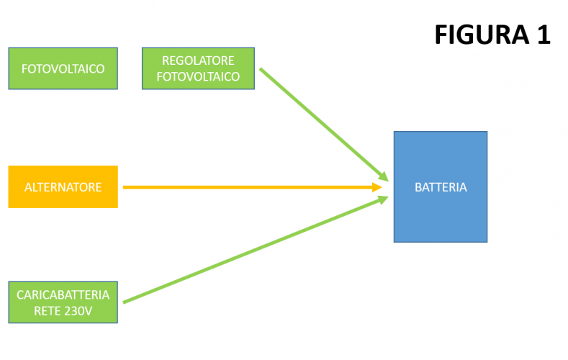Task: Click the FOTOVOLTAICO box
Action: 63,68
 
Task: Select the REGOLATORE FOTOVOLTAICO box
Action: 198,68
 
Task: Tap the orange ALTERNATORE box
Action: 63,187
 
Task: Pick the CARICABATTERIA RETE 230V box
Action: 63,302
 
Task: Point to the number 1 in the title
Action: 543,34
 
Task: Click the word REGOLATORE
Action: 198,60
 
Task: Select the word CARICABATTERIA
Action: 63,294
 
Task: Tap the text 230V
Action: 77,310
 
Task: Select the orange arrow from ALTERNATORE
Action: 245,187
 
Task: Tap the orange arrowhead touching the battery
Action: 377,187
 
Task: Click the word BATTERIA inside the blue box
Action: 441,187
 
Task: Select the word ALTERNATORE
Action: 63,187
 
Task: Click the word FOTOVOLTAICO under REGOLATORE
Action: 198,76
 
